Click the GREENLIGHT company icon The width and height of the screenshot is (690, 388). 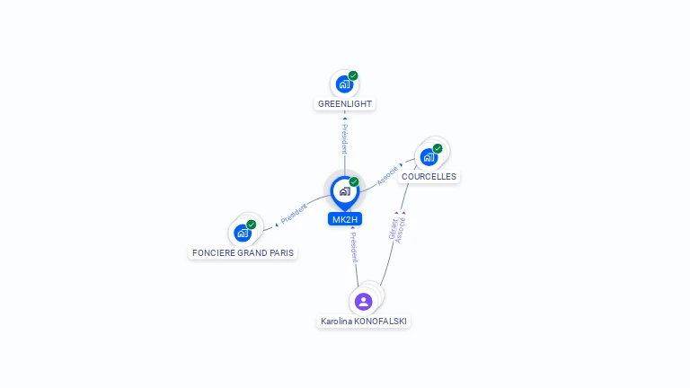pos(344,84)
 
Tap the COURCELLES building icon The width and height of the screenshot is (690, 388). pos(429,157)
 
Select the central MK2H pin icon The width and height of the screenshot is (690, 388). pos(344,191)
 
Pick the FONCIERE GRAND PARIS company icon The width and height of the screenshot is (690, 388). pos(242,233)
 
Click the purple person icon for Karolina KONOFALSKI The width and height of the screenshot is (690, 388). pos(363,302)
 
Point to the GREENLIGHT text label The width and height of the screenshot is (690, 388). pos(345,104)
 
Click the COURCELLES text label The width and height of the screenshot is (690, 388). pos(429,177)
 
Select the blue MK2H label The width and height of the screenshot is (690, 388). pos(345,219)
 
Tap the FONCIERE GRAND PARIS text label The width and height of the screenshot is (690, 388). pos(243,253)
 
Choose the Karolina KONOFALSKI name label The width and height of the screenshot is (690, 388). pos(364,321)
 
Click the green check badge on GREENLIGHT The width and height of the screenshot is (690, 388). pos(353,76)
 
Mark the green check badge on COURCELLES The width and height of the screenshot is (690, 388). pos(438,149)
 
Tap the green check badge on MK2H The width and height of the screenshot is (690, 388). pos(354,182)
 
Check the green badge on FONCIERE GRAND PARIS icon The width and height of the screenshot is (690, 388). pos(252,225)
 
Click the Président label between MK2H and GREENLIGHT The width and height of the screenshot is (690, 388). pos(344,138)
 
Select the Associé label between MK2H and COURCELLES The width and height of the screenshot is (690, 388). pos(387,175)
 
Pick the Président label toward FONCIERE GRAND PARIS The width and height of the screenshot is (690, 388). pos(293,214)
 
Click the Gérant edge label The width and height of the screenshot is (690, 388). pos(394,228)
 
